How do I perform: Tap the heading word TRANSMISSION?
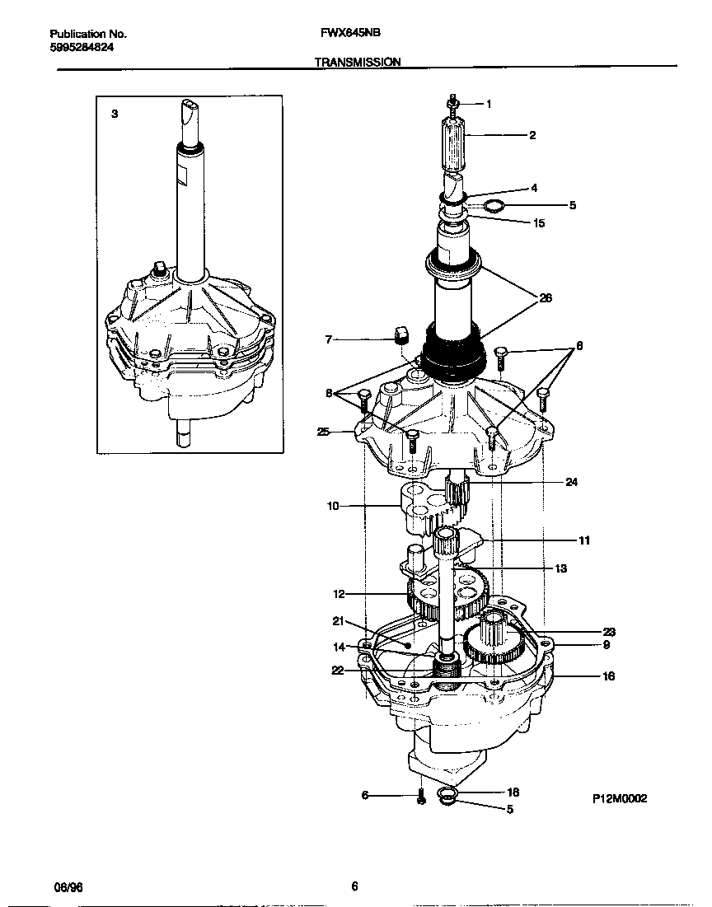(x=358, y=62)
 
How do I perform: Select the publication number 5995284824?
(x=82, y=48)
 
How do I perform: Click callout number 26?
(x=546, y=298)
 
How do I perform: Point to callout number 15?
(x=539, y=223)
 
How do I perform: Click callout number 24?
(x=571, y=482)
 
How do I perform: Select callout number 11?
(x=583, y=540)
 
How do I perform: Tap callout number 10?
(x=333, y=506)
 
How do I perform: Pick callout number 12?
(x=339, y=593)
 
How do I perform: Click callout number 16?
(x=608, y=676)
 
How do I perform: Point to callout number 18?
(x=513, y=791)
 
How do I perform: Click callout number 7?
(x=329, y=339)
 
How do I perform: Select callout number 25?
(x=323, y=431)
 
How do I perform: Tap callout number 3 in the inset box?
(x=115, y=115)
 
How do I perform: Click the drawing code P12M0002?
(x=619, y=799)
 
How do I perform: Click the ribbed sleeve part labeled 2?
(x=454, y=145)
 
